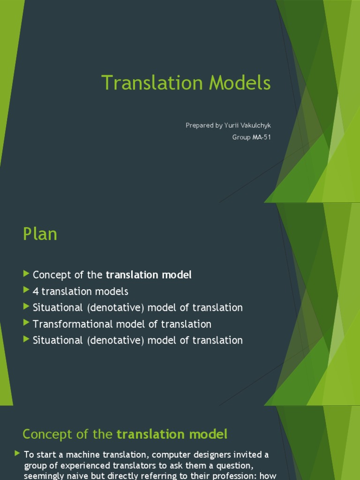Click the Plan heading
40,234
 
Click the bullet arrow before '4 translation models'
26,291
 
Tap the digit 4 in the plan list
36,291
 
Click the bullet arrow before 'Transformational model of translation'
26,323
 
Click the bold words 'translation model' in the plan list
149,275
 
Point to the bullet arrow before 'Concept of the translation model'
26,274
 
